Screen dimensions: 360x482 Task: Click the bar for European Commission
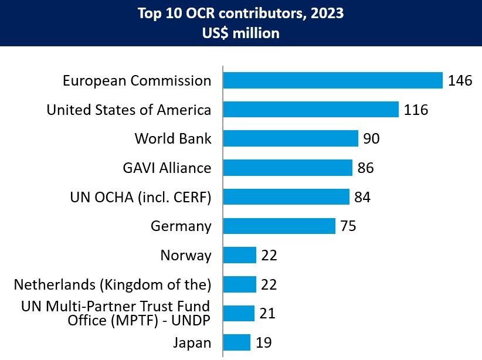click(332, 80)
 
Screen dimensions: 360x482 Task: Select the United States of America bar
click(311, 110)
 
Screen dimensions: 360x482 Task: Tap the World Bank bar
click(290, 138)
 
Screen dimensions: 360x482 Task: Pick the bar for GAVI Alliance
click(287, 168)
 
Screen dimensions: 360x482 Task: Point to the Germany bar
click(279, 226)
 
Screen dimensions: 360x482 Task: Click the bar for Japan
click(236, 342)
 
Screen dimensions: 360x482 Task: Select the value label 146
click(460, 81)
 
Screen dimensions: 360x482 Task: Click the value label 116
click(416, 110)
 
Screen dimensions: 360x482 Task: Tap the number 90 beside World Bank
click(372, 139)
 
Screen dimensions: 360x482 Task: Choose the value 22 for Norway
click(269, 256)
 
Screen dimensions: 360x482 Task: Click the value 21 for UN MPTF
click(267, 314)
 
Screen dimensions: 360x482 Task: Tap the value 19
click(263, 343)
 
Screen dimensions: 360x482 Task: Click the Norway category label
click(185, 256)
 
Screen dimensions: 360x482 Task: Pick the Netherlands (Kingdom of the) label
click(112, 285)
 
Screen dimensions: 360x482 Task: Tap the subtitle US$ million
click(241, 33)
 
